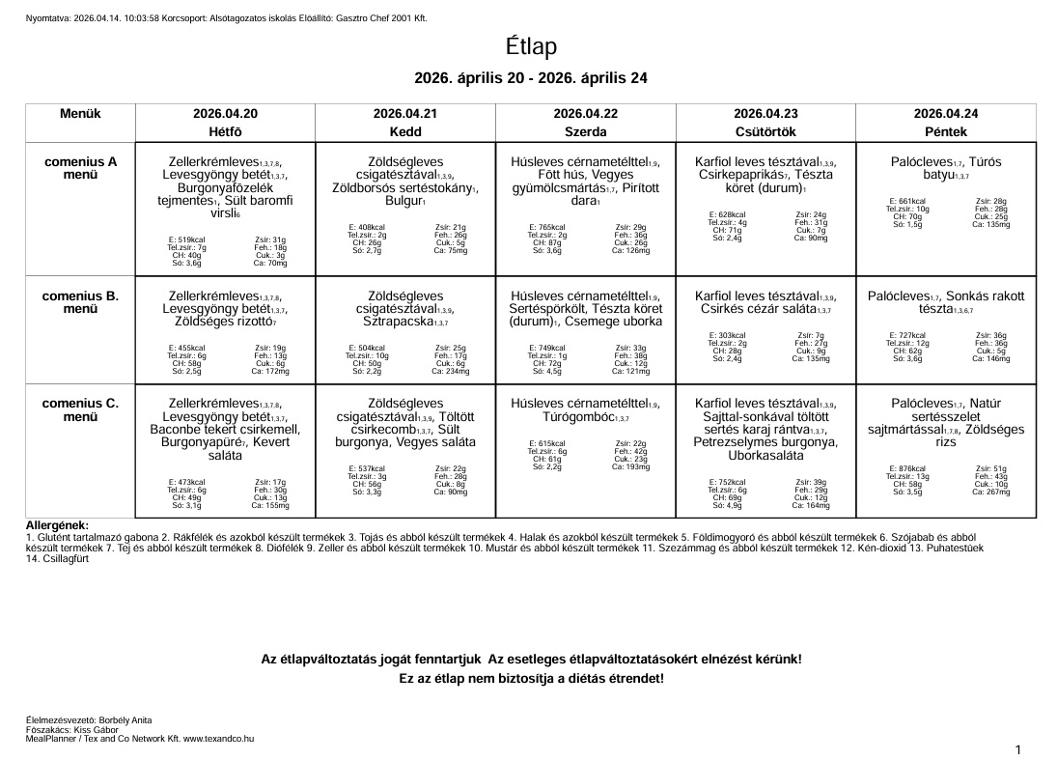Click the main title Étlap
[x=530, y=46]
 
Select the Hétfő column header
[x=225, y=129]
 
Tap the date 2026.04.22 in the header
[x=585, y=113]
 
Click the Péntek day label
[x=945, y=129]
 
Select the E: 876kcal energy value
[x=906, y=468]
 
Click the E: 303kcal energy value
[x=726, y=335]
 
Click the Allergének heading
[x=57, y=524]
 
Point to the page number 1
[x=1018, y=749]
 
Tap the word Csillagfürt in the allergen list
[x=66, y=557]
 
